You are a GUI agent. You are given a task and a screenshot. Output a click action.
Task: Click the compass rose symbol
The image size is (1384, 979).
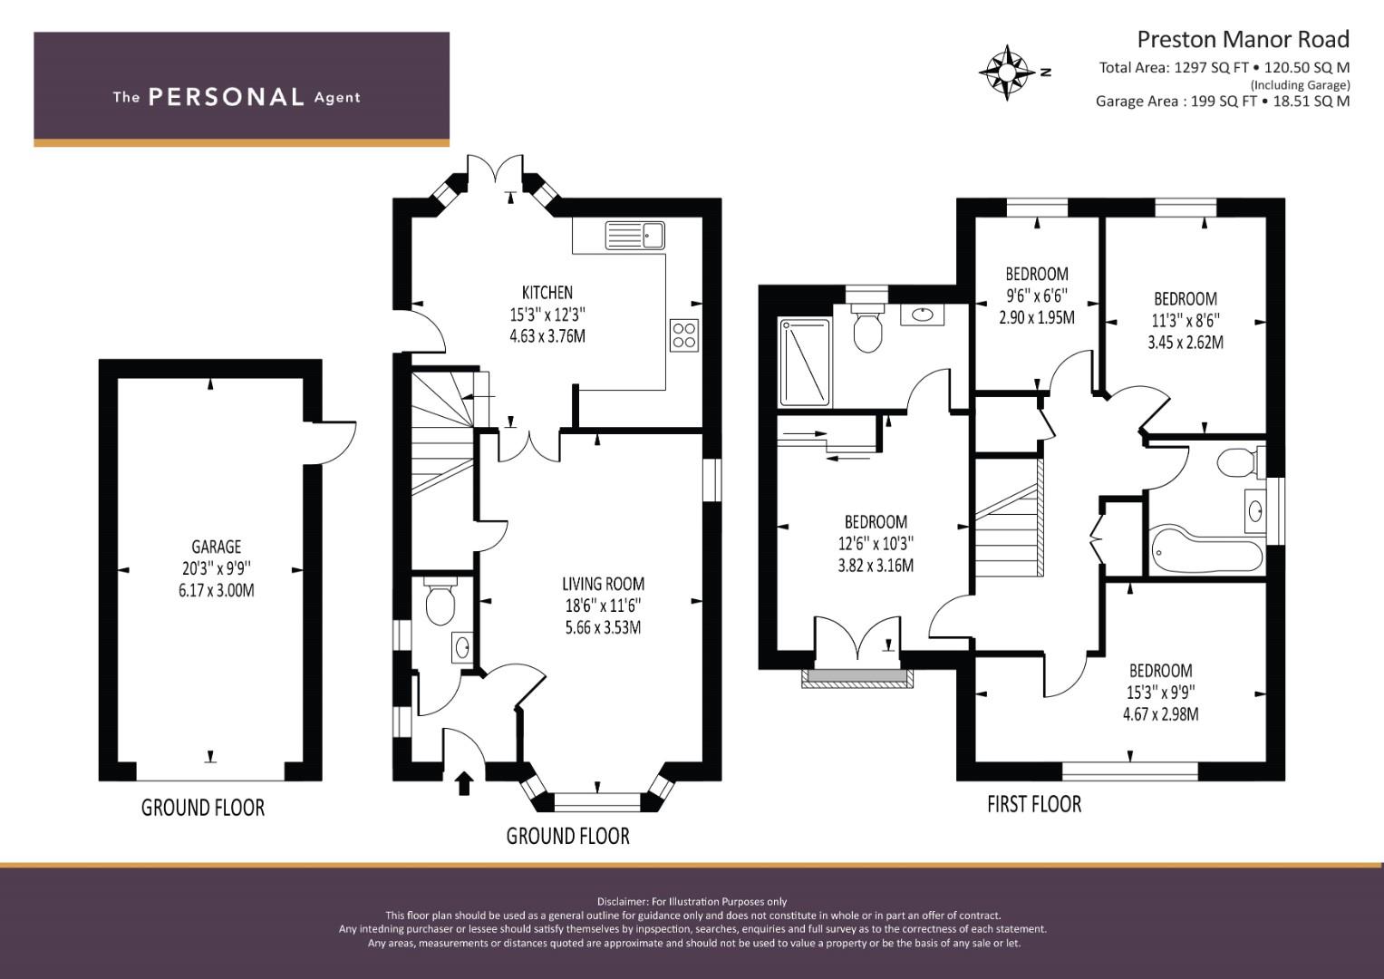(x=1007, y=73)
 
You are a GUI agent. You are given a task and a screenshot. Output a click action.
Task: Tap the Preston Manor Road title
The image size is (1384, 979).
(x=1244, y=40)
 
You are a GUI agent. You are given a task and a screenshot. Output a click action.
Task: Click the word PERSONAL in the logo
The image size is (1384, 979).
(x=227, y=97)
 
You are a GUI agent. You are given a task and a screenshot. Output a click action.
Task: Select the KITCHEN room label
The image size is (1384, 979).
(x=547, y=292)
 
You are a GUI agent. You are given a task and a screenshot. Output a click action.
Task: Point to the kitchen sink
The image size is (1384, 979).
(x=635, y=235)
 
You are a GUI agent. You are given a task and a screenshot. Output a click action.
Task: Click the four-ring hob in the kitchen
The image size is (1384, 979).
(x=684, y=335)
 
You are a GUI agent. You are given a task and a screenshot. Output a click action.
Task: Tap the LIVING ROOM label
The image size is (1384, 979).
(x=603, y=584)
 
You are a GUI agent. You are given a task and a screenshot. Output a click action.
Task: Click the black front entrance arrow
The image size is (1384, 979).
(x=464, y=783)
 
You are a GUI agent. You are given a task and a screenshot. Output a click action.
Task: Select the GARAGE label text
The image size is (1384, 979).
(x=216, y=547)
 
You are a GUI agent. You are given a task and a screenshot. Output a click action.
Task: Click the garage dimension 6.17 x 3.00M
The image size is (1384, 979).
(x=217, y=590)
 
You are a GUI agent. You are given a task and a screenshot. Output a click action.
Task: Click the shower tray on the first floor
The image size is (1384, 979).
(x=805, y=363)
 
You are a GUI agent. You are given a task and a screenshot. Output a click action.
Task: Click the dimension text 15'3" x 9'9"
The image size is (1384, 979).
(x=1160, y=693)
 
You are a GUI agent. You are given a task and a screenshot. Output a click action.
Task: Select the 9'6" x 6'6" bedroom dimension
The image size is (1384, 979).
(x=1037, y=296)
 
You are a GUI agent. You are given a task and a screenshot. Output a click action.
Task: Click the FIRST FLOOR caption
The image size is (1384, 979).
(x=1033, y=804)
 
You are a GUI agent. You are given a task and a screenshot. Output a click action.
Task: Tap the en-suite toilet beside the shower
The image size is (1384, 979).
(x=867, y=327)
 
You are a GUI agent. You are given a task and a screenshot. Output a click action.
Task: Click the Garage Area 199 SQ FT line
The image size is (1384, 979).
(x=1222, y=102)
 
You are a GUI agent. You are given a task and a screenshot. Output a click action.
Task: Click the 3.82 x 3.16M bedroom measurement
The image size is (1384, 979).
(x=876, y=566)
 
